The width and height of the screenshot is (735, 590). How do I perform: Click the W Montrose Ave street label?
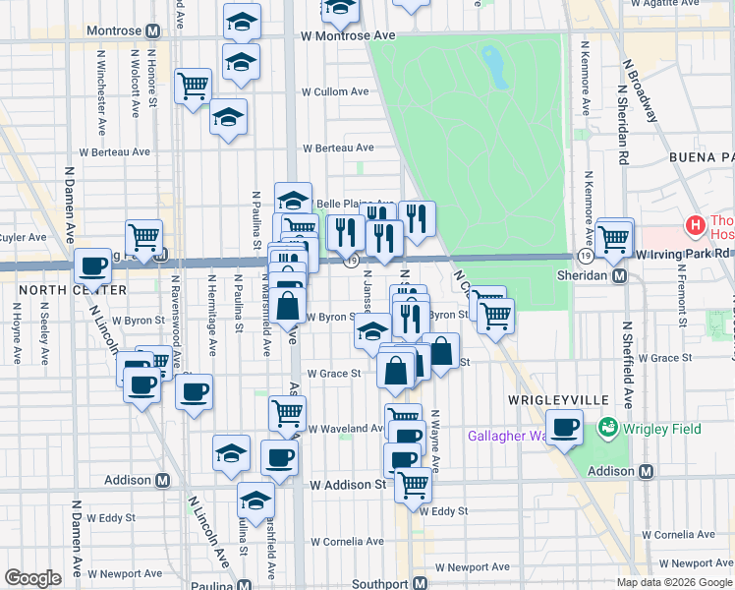click(x=348, y=34)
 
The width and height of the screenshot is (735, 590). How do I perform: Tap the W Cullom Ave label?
click(x=335, y=91)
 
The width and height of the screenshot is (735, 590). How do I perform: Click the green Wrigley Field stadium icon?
click(x=609, y=428)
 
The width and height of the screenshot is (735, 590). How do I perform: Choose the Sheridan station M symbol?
click(x=620, y=276)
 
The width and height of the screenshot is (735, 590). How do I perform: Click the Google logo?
click(x=32, y=578)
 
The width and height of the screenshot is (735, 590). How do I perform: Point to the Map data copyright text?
click(x=673, y=582)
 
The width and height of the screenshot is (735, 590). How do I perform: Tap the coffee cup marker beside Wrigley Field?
click(x=565, y=427)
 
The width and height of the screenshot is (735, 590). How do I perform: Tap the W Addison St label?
click(x=348, y=485)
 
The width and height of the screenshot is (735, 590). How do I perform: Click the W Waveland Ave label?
click(x=346, y=429)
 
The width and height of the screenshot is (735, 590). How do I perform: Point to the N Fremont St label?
click(x=681, y=295)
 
